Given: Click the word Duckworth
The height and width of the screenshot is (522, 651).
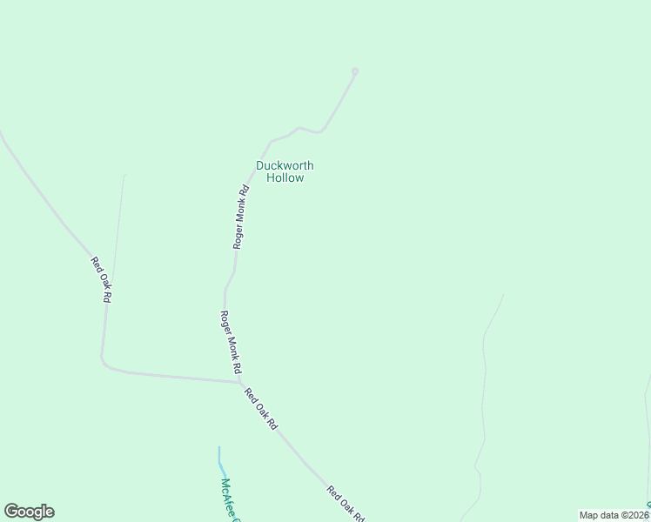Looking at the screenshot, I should (285, 165).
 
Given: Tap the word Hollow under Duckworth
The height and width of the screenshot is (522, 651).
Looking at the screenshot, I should (285, 177).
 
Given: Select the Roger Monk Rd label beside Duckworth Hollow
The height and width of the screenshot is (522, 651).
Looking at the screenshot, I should (241, 216).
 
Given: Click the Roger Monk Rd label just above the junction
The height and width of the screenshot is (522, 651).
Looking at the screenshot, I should (231, 342).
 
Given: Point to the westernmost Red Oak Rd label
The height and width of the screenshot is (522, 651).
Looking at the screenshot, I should (102, 279).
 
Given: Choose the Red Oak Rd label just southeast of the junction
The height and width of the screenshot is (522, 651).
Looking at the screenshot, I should (260, 409).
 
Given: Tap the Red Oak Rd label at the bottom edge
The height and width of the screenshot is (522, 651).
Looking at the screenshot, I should (345, 504).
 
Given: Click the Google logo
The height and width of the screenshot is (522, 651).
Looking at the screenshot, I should (29, 512).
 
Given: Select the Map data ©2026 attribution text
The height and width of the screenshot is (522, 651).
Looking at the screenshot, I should (614, 515).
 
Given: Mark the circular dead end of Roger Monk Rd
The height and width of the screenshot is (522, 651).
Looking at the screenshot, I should (354, 71).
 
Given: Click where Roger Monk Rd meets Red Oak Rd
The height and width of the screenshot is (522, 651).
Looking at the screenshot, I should (239, 381).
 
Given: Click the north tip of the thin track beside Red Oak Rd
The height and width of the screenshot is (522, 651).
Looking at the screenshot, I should (124, 176).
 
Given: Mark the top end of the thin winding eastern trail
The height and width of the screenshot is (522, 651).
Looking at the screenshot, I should (503, 295).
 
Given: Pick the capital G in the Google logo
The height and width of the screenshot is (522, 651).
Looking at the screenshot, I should (12, 512).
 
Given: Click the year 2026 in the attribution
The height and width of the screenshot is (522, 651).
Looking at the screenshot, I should (634, 515).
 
